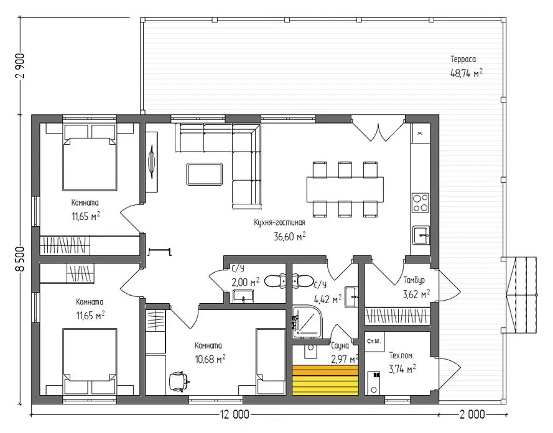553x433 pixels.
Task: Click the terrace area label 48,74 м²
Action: pyautogui.click(x=467, y=73)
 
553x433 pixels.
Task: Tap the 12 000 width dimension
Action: pyautogui.click(x=235, y=414)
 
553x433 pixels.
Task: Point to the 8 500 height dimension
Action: pyautogui.click(x=21, y=259)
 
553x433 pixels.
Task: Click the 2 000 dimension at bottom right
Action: pyautogui.click(x=472, y=414)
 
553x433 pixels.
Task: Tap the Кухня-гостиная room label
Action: pyautogui.click(x=279, y=222)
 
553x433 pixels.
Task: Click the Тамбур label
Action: pyautogui.click(x=414, y=280)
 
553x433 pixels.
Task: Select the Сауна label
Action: pyautogui.click(x=340, y=345)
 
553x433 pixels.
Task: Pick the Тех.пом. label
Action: pyautogui.click(x=401, y=355)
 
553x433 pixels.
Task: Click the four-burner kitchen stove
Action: pyautogui.click(x=421, y=203)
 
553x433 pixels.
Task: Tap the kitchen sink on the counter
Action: pyautogui.click(x=422, y=235)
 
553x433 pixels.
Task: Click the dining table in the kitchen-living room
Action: pyautogui.click(x=345, y=189)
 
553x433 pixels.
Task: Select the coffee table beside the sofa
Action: pyautogui.click(x=205, y=174)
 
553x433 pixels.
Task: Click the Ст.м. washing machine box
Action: pyautogui.click(x=374, y=341)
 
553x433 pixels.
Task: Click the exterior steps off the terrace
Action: pyautogui.click(x=521, y=294)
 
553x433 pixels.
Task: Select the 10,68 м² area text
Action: pyautogui.click(x=210, y=359)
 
